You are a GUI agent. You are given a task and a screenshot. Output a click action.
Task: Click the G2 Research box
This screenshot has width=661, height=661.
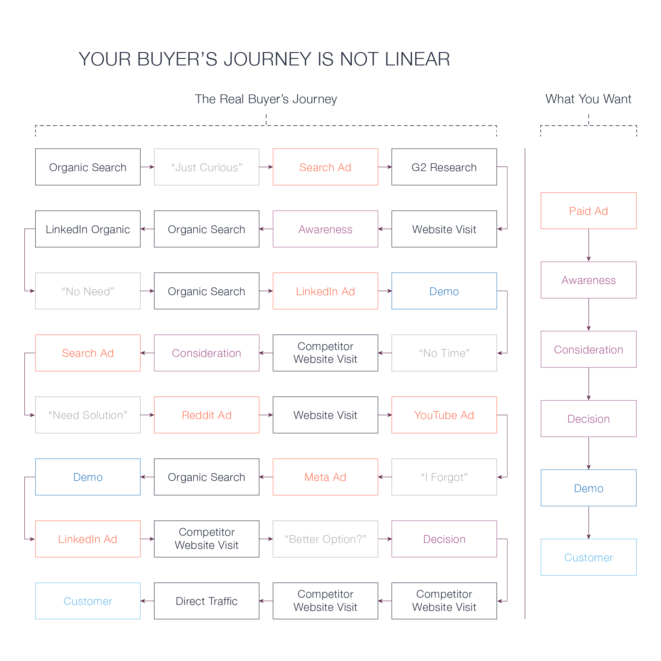click(x=444, y=167)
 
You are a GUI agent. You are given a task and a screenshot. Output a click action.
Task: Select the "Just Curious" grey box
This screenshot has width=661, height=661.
click(x=206, y=167)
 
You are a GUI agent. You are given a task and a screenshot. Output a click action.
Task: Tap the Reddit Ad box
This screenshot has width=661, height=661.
click(x=206, y=415)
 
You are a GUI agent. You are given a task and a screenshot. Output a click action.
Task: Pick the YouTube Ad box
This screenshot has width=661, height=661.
click(x=444, y=415)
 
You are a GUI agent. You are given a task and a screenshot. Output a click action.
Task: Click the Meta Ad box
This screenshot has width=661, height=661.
click(x=325, y=477)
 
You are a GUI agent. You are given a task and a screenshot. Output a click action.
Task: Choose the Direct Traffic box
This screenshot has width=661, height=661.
click(x=206, y=601)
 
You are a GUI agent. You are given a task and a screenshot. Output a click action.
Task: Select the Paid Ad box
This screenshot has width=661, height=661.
click(x=588, y=211)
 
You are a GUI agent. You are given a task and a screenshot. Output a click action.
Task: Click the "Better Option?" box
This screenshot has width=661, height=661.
click(x=325, y=539)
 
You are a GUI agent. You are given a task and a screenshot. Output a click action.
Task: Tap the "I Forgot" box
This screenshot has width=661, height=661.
click(x=444, y=477)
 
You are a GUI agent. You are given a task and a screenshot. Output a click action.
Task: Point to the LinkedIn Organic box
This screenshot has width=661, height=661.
click(x=88, y=229)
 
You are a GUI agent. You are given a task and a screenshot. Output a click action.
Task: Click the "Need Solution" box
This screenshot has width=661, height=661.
click(x=88, y=415)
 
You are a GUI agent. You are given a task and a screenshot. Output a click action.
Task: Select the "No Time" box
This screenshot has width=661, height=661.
click(x=444, y=353)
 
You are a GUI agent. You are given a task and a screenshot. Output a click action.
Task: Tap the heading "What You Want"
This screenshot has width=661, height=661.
click(x=588, y=99)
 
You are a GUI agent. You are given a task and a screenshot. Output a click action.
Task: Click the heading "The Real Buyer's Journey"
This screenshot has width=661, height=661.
click(x=266, y=99)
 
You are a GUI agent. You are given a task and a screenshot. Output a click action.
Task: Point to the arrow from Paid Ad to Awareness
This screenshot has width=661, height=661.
click(x=588, y=245)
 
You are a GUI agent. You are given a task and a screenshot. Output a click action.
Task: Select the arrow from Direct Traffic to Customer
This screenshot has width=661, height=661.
click(x=147, y=601)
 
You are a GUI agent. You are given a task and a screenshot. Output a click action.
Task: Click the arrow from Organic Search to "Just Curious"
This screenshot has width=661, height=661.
click(x=147, y=167)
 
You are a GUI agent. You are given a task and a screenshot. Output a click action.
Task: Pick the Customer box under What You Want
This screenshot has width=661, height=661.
click(x=588, y=557)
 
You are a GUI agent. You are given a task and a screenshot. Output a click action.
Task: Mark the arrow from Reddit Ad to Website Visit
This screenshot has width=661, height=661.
click(x=266, y=415)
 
